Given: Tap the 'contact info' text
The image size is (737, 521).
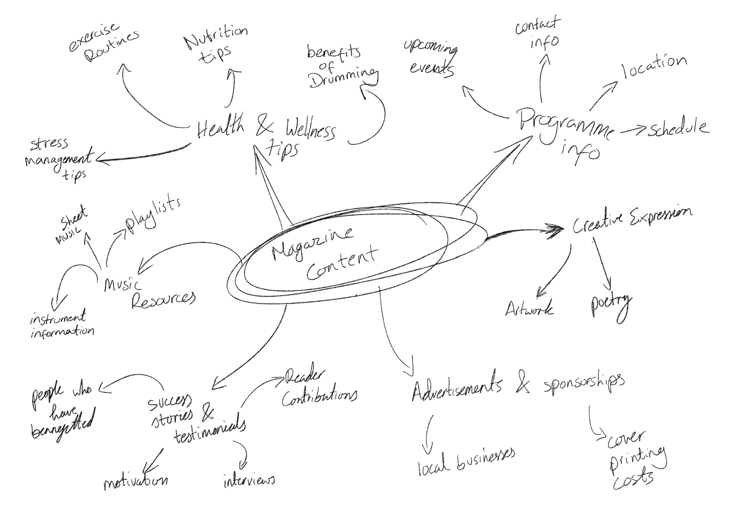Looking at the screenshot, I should [539, 34].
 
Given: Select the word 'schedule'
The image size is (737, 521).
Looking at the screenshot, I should [678, 128].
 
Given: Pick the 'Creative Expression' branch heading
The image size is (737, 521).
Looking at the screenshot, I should [632, 220].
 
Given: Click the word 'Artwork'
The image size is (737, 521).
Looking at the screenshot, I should [529, 308].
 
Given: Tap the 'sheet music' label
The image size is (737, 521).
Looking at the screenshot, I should [72, 220].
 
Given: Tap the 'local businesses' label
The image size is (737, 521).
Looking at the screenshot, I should [466, 461].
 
